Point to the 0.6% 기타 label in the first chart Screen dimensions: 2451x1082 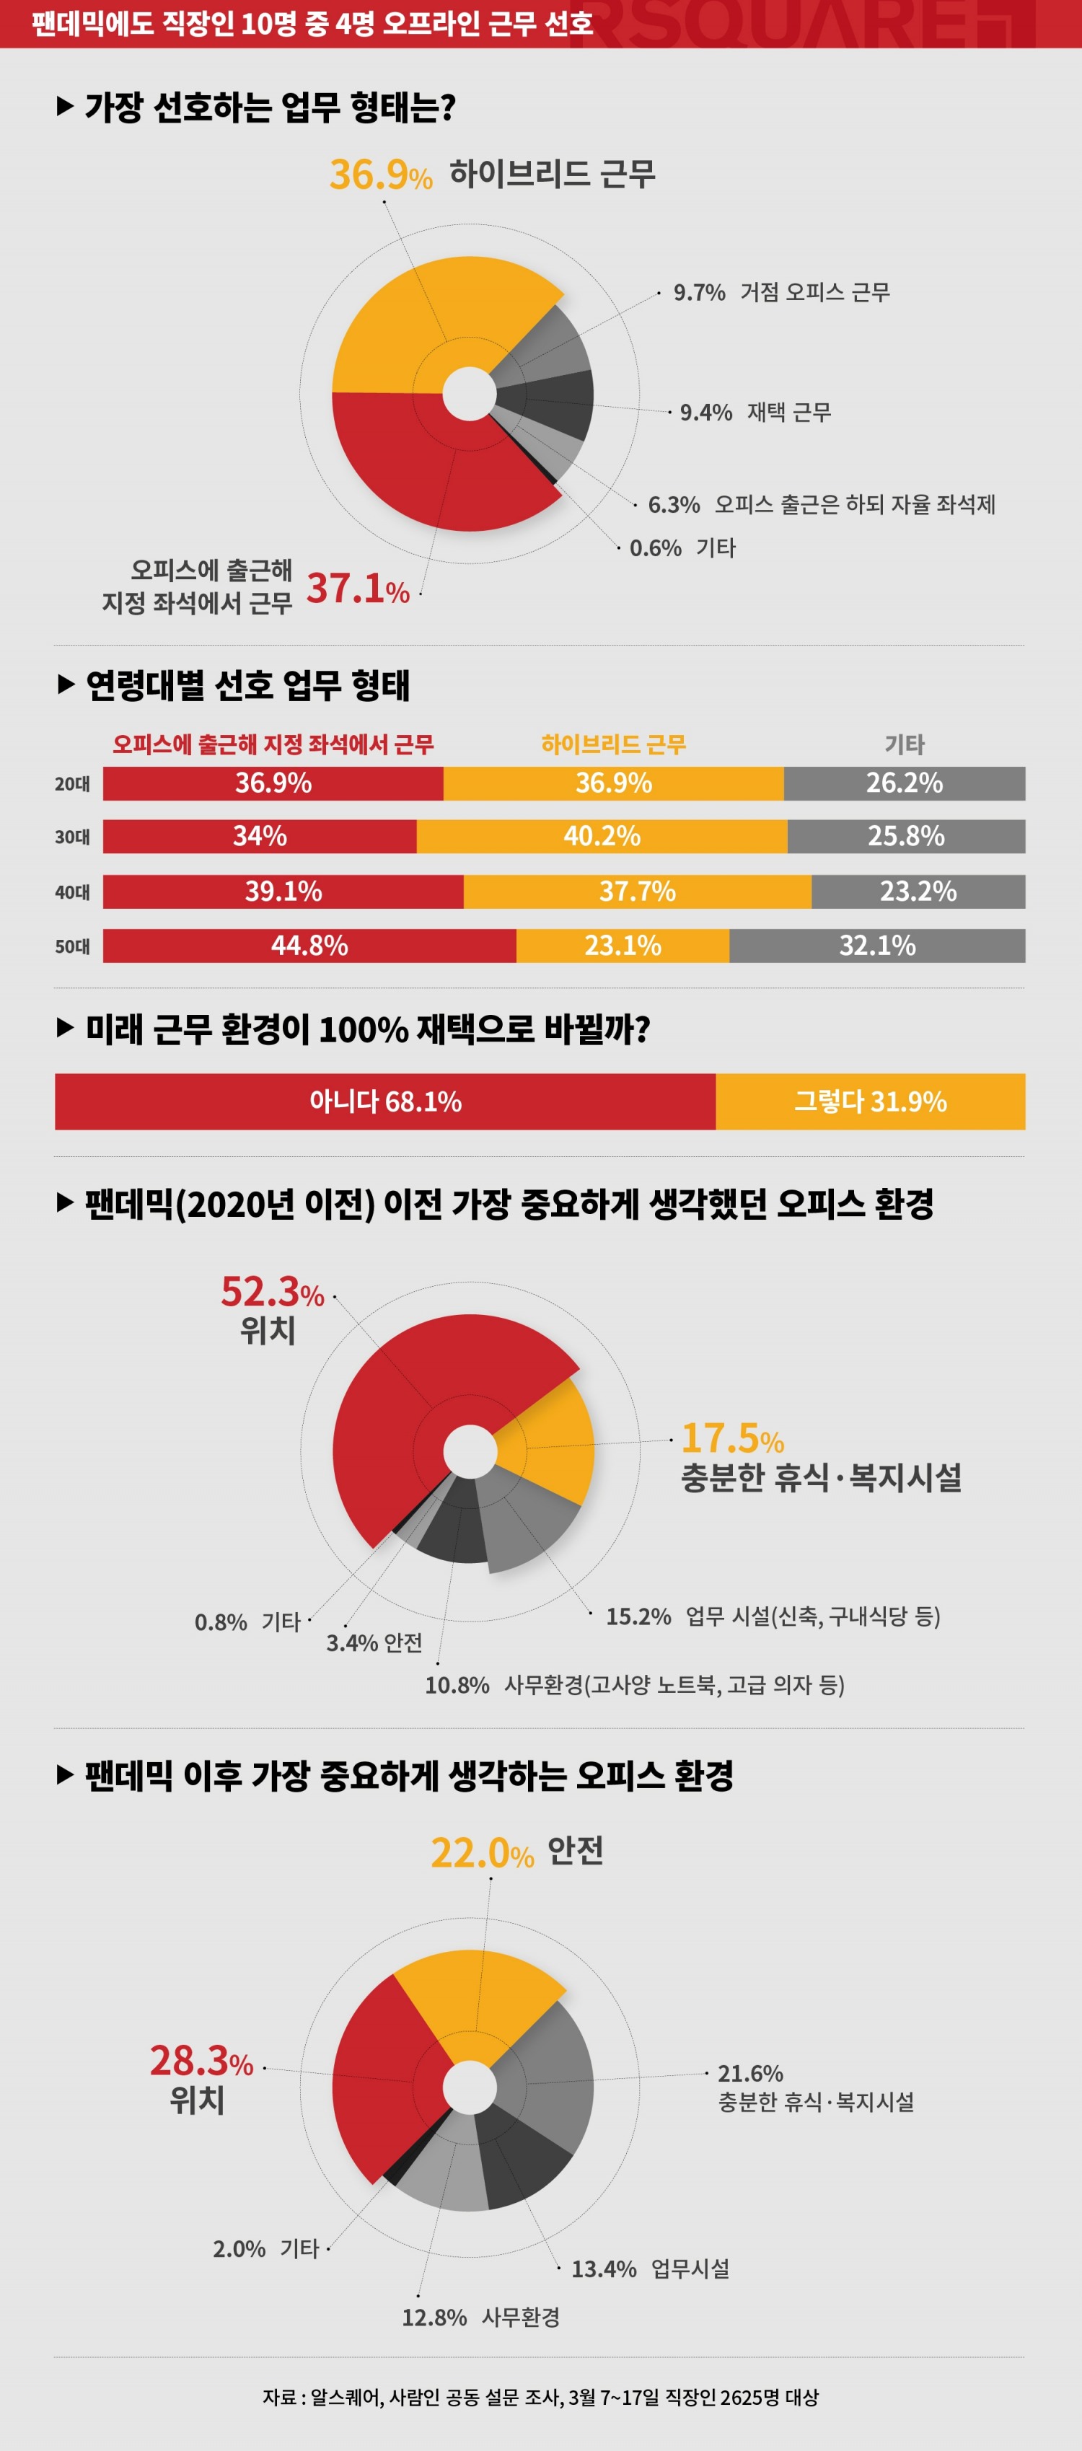point(682,548)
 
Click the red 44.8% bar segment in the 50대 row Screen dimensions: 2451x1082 point(309,946)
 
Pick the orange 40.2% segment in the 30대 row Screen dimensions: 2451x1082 point(602,836)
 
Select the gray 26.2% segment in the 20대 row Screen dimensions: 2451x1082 point(904,783)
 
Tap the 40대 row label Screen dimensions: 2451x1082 point(72,892)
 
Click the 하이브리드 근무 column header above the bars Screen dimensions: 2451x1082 point(613,744)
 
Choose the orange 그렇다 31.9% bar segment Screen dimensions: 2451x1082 point(870,1102)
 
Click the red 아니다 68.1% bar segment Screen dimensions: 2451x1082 point(384,1102)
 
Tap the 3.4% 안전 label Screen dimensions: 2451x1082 point(374,1643)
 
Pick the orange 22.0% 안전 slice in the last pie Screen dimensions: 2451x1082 point(476,1994)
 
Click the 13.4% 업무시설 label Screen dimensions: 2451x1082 point(650,2269)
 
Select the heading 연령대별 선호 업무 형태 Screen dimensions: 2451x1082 point(247,685)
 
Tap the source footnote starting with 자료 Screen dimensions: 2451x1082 point(540,2398)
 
